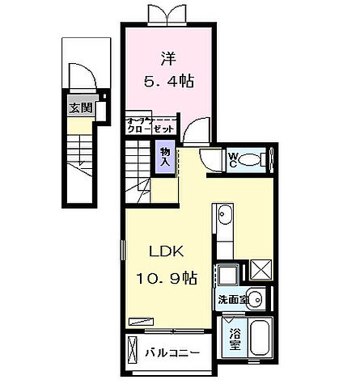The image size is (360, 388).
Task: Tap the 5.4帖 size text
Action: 169,82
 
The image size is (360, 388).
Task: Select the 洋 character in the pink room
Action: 168,58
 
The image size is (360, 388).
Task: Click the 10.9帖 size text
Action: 166,279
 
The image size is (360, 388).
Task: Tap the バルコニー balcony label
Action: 172,352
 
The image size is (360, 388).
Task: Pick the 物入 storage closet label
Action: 166,157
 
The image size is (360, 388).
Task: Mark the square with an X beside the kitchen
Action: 261,269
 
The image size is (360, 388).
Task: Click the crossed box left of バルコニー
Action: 133,352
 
